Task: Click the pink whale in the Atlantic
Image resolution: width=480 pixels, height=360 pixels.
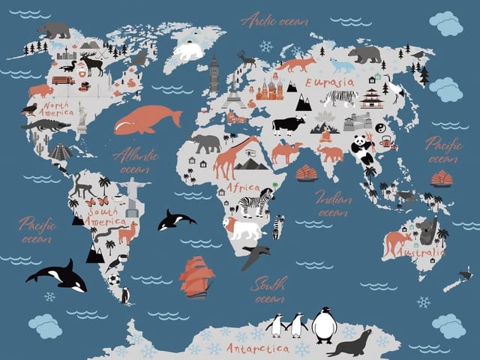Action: (x=146, y=118)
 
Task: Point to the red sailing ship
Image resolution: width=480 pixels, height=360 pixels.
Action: (x=196, y=276)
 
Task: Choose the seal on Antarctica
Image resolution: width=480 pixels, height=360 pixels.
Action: (x=350, y=343)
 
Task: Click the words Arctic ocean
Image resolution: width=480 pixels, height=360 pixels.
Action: (x=274, y=20)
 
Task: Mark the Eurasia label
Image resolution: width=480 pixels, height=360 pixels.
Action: (x=329, y=82)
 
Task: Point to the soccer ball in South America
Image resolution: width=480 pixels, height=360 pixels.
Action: (x=113, y=280)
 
